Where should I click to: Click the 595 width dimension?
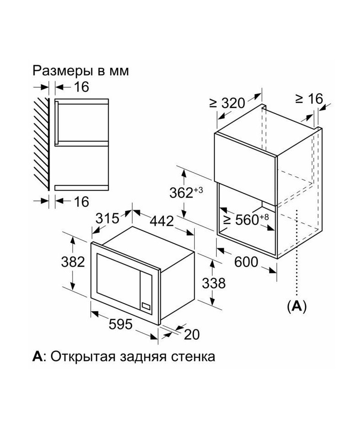(120, 324)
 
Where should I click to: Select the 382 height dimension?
(73, 262)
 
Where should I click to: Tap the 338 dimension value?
(214, 283)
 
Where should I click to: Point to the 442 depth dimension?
(162, 221)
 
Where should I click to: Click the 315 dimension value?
(107, 218)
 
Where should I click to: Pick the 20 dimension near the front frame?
(191, 334)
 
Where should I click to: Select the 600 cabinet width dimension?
(246, 262)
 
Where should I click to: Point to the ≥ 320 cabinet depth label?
(227, 103)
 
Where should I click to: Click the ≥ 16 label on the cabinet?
(309, 99)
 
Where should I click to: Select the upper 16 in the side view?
(81, 87)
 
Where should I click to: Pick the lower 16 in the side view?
(81, 201)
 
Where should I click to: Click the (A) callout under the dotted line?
(297, 306)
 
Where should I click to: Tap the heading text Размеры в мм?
(81, 71)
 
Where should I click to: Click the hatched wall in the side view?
(41, 144)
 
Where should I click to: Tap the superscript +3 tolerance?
(198, 190)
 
